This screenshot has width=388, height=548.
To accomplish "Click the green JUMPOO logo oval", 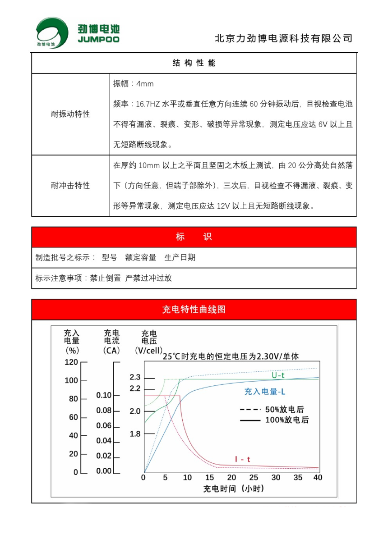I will (x=49, y=33).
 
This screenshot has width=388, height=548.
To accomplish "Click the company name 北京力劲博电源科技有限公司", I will (x=284, y=39).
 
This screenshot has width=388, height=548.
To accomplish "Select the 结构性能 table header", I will (x=194, y=63).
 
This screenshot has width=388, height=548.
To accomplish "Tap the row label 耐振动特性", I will (x=70, y=114).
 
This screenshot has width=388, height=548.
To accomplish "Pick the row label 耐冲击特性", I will (x=70, y=186).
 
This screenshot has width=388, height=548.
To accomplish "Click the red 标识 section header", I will (x=194, y=237).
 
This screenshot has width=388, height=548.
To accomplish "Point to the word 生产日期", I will (x=180, y=258).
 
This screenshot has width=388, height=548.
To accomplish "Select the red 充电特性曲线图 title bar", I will (x=194, y=310).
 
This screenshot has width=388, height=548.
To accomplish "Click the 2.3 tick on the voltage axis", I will (x=135, y=378).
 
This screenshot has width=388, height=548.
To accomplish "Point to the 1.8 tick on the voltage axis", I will (x=135, y=434).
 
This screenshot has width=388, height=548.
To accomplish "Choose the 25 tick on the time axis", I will (x=254, y=478).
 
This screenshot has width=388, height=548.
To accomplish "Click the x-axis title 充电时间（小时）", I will (x=233, y=489).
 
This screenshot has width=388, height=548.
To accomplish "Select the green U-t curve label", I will (x=278, y=375).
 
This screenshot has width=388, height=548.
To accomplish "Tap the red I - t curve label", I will (x=243, y=459).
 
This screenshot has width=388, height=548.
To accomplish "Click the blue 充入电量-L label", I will (x=265, y=392).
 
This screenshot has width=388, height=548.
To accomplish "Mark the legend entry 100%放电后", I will (x=287, y=420).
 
